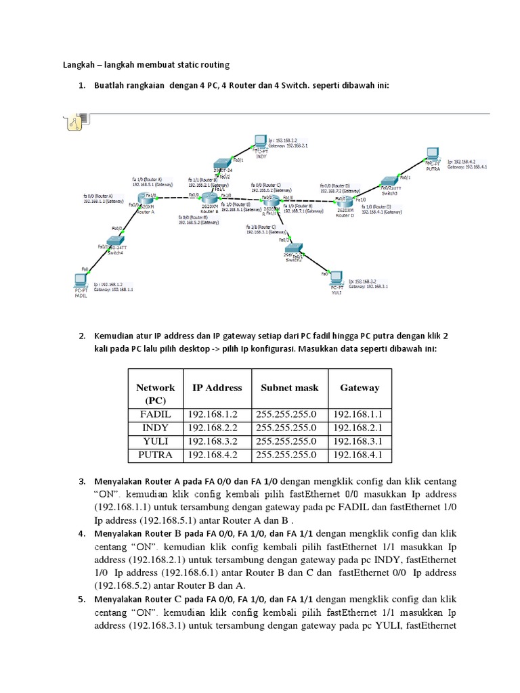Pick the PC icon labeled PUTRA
(432, 155)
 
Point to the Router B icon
(210, 198)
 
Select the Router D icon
(345, 201)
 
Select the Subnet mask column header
(289, 388)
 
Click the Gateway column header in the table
(360, 388)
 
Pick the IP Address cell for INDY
(211, 428)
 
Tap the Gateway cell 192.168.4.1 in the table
(360, 455)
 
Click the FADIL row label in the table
(155, 413)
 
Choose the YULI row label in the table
(155, 441)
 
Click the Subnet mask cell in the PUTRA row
(289, 455)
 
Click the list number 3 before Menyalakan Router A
(82, 481)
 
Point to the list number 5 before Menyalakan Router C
(82, 600)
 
